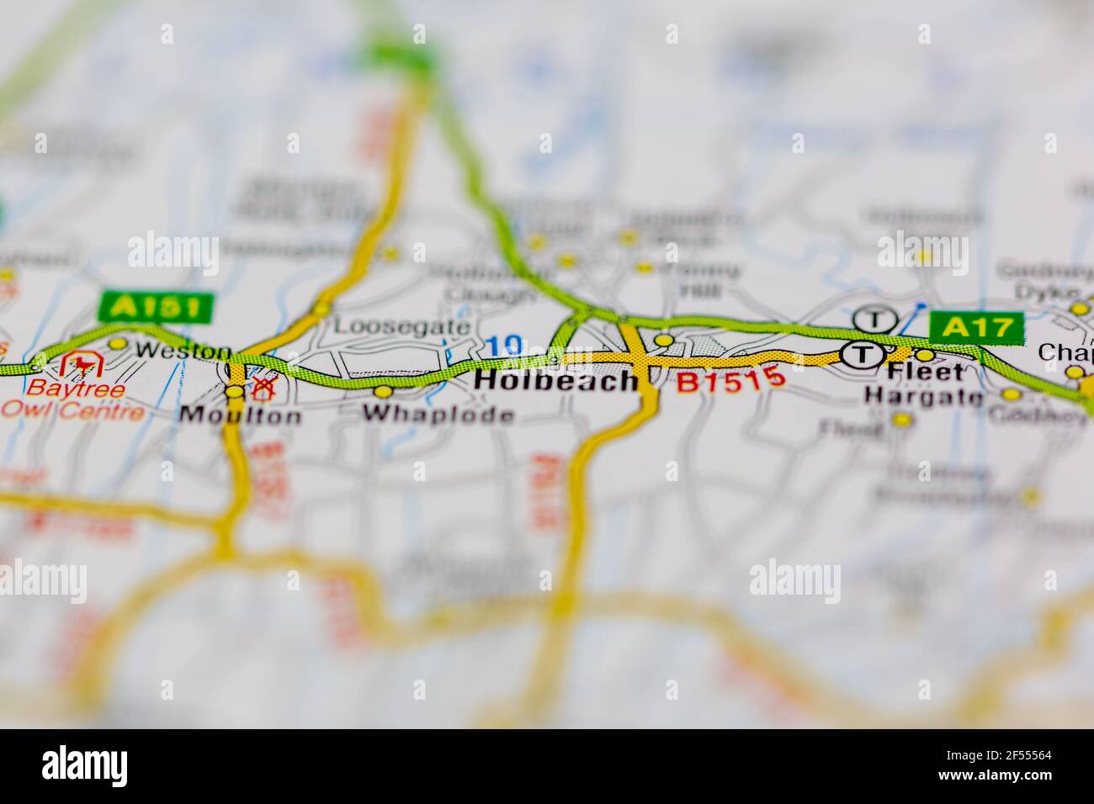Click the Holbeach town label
556,381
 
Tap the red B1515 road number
730,382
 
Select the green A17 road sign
976,327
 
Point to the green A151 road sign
157,307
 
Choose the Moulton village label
240,415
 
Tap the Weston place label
183,351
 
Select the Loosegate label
402,325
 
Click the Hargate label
923,396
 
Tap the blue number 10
505,346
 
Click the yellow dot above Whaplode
384,391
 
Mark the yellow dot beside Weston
118,343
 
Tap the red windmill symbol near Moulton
263,388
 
